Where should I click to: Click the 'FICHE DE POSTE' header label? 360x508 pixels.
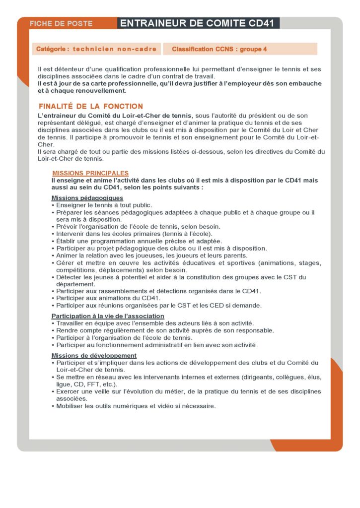(61, 23)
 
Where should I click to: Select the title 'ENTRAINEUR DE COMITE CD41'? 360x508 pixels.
(198, 23)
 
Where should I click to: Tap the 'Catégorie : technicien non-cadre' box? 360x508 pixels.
(96, 49)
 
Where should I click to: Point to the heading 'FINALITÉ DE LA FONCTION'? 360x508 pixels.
(90, 106)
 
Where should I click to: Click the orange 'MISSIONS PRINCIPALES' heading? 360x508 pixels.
(90, 173)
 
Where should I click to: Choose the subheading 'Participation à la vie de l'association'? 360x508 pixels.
(108, 316)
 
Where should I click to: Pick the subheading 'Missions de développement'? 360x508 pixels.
(94, 355)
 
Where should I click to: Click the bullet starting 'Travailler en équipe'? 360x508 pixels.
(155, 323)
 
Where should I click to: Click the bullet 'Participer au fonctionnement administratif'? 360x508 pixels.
(156, 344)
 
